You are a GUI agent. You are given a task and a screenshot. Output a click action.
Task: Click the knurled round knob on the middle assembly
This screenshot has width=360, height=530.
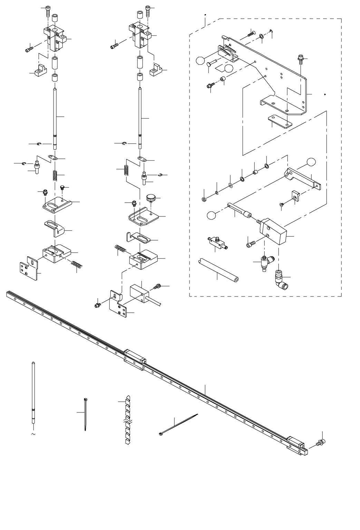pyautogui.click(x=151, y=198)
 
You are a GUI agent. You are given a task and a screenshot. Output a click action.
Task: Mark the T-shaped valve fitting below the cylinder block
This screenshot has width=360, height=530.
pyautogui.click(x=264, y=263)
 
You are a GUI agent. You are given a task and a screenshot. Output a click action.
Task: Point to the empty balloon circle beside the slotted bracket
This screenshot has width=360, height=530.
pyautogui.click(x=201, y=61)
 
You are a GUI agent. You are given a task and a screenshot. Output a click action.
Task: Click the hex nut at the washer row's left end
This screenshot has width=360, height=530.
pyautogui.click(x=204, y=199)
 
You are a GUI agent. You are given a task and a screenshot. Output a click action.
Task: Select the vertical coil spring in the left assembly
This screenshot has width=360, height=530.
pyautogui.click(x=55, y=175)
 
